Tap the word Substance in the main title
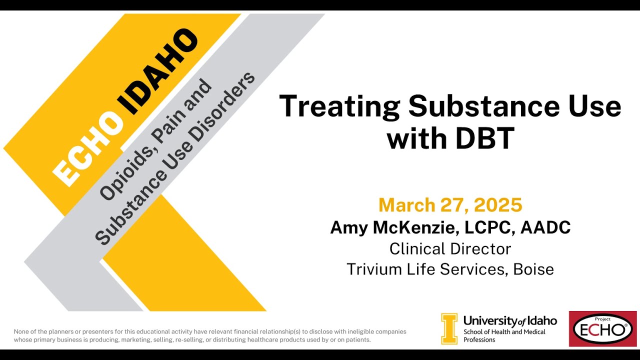coord(478,106)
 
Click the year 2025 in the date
coord(498,205)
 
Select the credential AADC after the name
coord(545,227)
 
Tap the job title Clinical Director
coord(450,248)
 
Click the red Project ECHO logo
coord(602,328)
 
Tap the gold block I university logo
coord(449,328)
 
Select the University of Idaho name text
coord(509,320)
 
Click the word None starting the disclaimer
coord(22,331)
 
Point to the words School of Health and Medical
coord(504,332)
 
